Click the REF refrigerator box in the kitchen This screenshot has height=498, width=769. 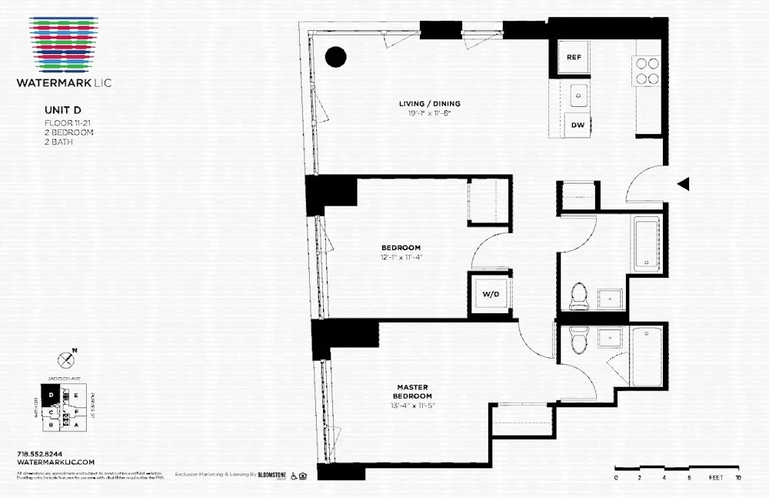[x=574, y=58]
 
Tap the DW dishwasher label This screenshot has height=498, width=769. [x=576, y=125]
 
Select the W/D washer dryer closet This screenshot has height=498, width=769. [x=490, y=294]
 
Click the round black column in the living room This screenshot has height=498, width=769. [x=335, y=56]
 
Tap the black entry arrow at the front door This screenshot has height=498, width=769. [x=683, y=184]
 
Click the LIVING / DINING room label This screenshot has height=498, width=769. [x=429, y=104]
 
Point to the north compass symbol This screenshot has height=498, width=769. [x=66, y=359]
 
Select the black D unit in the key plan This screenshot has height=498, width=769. [x=51, y=395]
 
